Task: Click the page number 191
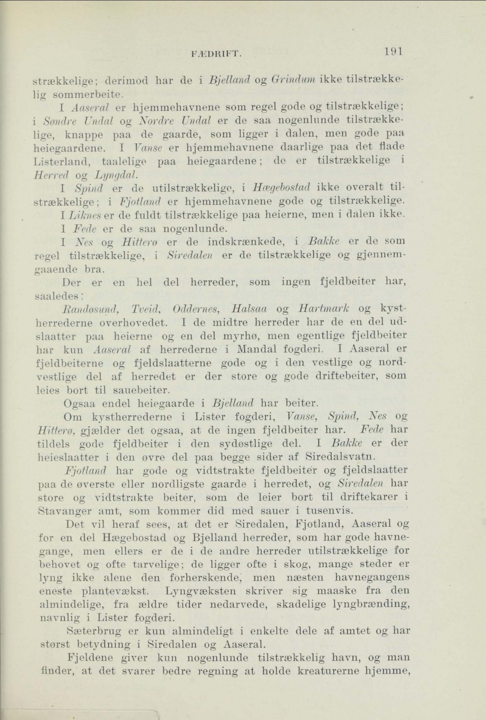[x=392, y=51]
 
